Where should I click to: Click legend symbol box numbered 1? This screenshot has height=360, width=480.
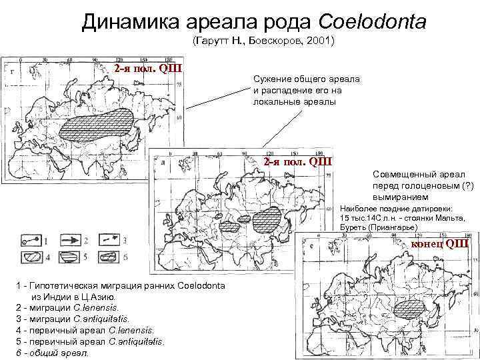(x=29, y=238)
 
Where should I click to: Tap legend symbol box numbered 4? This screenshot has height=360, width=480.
(x=29, y=257)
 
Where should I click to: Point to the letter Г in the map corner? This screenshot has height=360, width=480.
(x=10, y=71)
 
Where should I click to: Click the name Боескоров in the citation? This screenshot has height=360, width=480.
(x=274, y=41)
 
